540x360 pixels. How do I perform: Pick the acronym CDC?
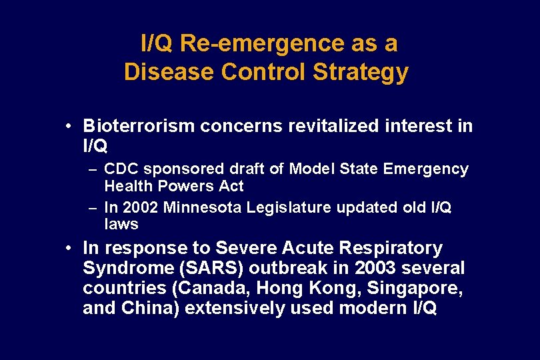(120, 169)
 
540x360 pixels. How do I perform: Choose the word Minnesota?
(199, 207)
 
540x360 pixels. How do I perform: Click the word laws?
(121, 224)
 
